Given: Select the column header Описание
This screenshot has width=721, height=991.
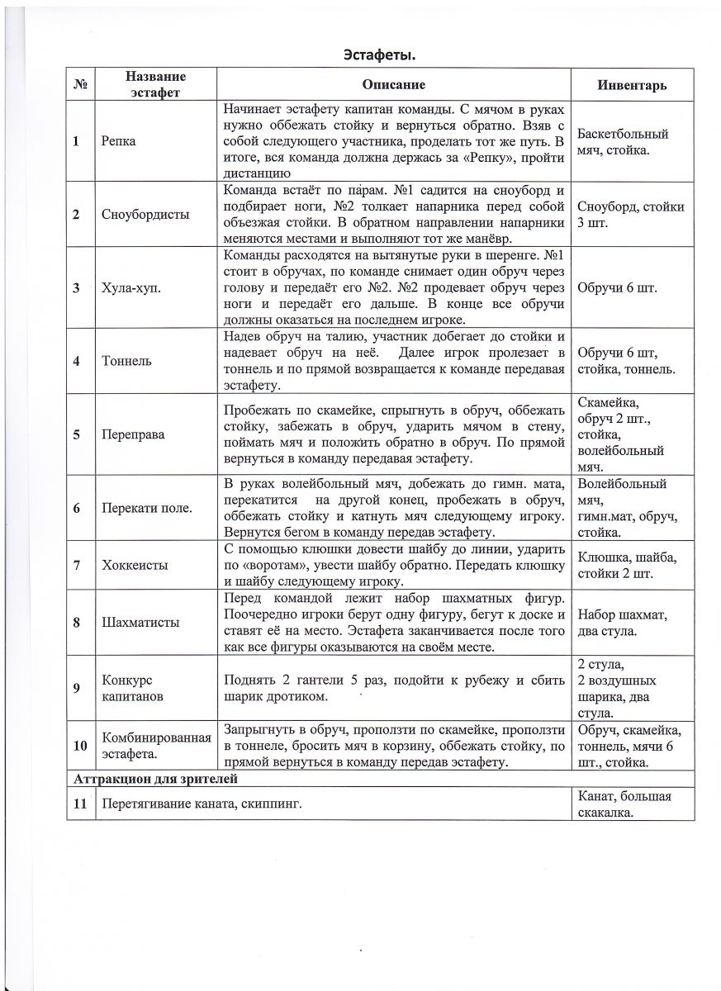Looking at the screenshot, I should tap(394, 85).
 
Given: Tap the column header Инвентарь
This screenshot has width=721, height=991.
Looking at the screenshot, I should tap(632, 85).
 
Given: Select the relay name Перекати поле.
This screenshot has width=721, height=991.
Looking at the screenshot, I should tap(147, 507).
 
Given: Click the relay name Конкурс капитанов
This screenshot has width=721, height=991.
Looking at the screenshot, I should tap(132, 688).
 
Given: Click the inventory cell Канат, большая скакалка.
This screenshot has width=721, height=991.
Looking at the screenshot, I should tap(624, 804).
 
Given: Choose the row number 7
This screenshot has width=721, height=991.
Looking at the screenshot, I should tap(77, 565).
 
